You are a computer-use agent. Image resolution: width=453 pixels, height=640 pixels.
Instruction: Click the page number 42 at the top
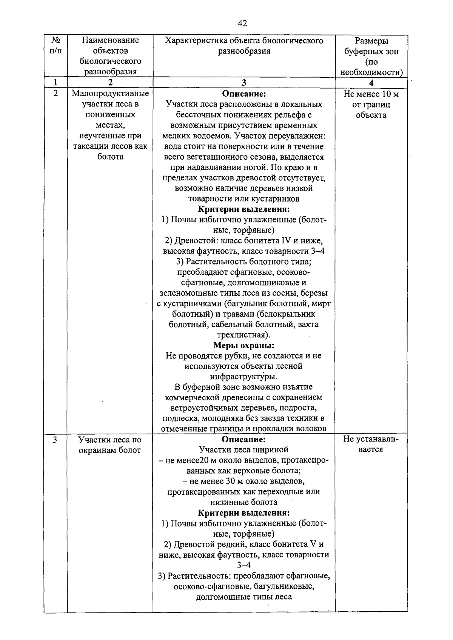(242, 24)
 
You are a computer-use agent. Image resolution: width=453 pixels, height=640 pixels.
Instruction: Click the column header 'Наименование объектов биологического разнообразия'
(110, 56)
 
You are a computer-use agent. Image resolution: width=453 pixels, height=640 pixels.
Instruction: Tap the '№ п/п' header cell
(55, 45)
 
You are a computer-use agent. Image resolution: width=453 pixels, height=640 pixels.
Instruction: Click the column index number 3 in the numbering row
(244, 83)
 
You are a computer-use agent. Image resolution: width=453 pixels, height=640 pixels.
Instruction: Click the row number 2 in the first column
(55, 94)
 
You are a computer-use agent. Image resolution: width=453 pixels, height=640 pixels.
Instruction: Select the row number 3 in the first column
(55, 440)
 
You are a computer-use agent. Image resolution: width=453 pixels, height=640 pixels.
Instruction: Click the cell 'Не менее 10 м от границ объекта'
(371, 105)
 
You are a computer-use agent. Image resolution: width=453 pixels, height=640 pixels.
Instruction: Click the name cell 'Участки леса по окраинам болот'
(110, 445)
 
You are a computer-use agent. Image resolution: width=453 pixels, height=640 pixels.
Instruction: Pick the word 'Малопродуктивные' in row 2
(110, 94)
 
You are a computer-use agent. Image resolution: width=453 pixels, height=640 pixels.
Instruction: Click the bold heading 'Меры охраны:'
(243, 345)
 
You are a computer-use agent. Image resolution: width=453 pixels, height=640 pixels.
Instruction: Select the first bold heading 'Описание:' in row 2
(244, 94)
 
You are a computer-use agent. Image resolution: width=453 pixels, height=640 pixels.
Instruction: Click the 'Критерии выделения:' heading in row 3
(244, 513)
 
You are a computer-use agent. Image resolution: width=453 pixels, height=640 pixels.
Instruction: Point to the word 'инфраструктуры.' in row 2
(243, 377)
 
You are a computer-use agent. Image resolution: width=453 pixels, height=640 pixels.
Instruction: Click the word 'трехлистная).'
(243, 335)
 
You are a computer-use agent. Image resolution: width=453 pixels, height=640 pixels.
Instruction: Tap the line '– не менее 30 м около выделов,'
(243, 481)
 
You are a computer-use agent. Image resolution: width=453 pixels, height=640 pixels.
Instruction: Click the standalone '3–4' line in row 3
(243, 565)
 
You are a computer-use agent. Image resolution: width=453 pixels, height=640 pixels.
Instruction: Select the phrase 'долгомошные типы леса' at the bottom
(244, 597)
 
